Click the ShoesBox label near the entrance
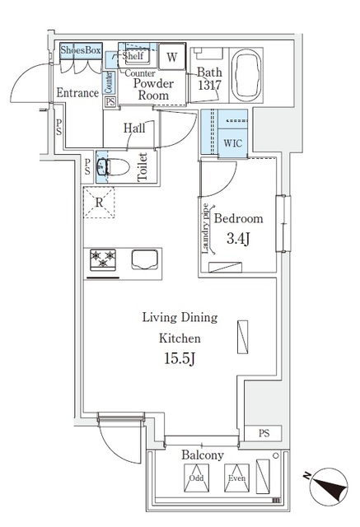tap(81, 50)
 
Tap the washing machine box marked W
tap(171, 57)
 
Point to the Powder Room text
tap(152, 89)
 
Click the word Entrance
tap(77, 94)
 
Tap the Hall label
tap(134, 128)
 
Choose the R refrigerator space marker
tap(98, 203)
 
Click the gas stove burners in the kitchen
tap(105, 259)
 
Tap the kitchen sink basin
tap(143, 259)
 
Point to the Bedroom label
tap(239, 219)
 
